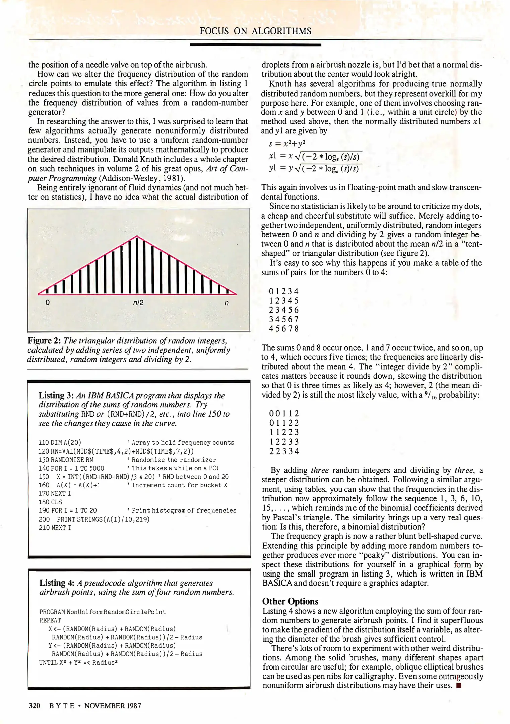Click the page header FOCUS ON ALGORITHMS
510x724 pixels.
pyautogui.click(x=255, y=31)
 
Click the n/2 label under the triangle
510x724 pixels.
pyautogui.click(x=138, y=303)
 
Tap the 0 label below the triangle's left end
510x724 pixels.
pyautogui.click(x=47, y=303)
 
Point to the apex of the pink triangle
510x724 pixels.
pyautogui.click(x=136, y=236)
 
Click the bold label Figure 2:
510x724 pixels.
pyautogui.click(x=44, y=341)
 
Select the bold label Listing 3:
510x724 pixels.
pyautogui.click(x=56, y=395)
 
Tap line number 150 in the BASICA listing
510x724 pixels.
pyautogui.click(x=44, y=477)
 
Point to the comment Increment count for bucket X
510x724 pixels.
pyautogui.click(x=179, y=485)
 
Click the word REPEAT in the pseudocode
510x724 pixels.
pyautogui.click(x=50, y=620)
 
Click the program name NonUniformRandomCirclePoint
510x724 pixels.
pyautogui.click(x=116, y=612)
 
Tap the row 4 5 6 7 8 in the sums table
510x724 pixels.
pyautogui.click(x=283, y=329)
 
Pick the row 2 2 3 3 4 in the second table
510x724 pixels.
pyautogui.click(x=284, y=451)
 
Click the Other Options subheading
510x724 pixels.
pyautogui.click(x=290, y=601)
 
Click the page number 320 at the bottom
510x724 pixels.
pyautogui.click(x=35, y=706)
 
